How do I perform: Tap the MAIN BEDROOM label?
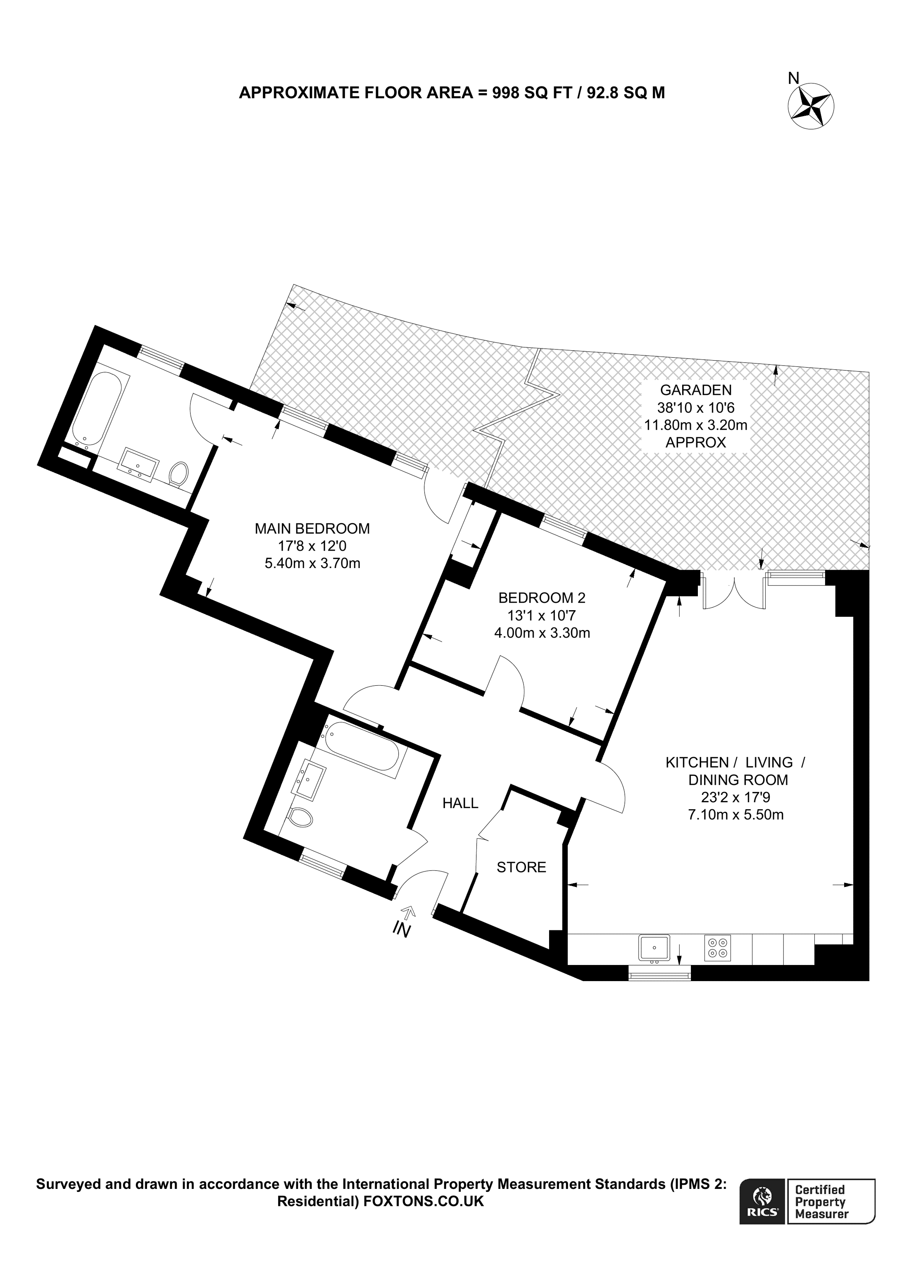312,528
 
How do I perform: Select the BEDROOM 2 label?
542,598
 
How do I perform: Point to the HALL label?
460,803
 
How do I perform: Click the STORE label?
521,867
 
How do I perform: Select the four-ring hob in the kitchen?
717,948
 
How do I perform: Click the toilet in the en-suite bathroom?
178,473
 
